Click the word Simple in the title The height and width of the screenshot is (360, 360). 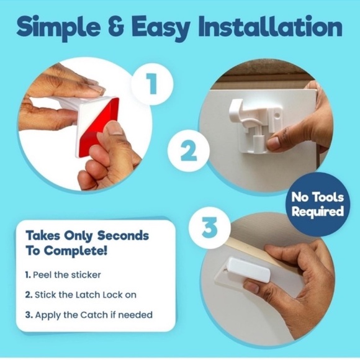coord(58,28)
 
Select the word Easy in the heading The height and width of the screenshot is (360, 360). coord(161,29)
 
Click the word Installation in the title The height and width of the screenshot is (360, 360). coord(270,27)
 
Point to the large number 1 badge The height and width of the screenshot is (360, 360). coord(152,84)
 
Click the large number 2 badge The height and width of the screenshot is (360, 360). coord(189,151)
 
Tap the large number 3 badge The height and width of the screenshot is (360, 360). coord(209,228)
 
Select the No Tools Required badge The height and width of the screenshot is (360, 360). coord(318,204)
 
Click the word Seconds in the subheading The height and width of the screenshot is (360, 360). coord(123,236)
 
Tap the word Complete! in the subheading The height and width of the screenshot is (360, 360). coord(76,251)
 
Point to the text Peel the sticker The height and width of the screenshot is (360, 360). coord(67,275)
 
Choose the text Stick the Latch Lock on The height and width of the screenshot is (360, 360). coord(86,295)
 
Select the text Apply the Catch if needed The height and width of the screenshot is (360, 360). coord(94,315)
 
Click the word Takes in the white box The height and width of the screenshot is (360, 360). coord(42,236)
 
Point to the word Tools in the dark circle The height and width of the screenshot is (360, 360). coord(328,197)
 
